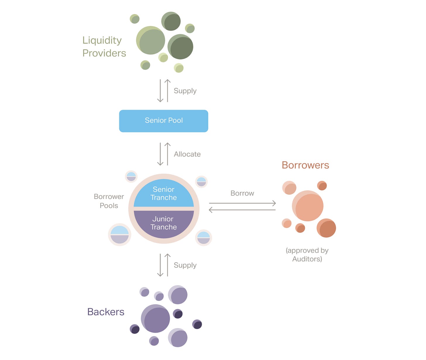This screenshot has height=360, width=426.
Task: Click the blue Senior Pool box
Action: pyautogui.click(x=164, y=121)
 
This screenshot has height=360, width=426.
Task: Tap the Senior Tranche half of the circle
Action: pyautogui.click(x=164, y=193)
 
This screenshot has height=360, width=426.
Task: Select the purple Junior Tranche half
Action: pyautogui.click(x=164, y=223)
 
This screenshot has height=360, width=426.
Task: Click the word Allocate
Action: pyautogui.click(x=187, y=154)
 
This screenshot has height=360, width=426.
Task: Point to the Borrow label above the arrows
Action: pyautogui.click(x=242, y=193)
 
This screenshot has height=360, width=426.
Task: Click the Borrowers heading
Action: pyautogui.click(x=305, y=165)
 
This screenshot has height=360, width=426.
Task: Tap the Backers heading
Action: pyautogui.click(x=106, y=312)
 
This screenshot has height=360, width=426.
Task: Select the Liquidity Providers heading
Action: pyautogui.click(x=104, y=47)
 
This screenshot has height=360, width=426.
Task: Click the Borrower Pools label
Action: pyautogui.click(x=109, y=201)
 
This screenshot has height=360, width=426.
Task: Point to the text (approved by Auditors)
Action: pyautogui.click(x=307, y=255)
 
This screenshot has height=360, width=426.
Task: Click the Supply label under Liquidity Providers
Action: pyautogui.click(x=185, y=91)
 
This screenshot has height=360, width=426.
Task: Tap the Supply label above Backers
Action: pyautogui.click(x=185, y=265)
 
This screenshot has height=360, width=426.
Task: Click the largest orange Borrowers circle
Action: pyautogui.click(x=308, y=206)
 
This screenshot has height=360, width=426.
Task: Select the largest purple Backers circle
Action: pyautogui.click(x=155, y=318)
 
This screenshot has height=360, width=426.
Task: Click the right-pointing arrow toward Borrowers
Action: pyautogui.click(x=242, y=203)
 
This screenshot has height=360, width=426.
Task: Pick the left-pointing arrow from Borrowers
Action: pyautogui.click(x=242, y=210)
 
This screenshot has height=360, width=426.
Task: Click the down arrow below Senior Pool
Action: pyautogui.click(x=160, y=154)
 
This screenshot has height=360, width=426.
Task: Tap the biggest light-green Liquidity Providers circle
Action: pyautogui.click(x=151, y=40)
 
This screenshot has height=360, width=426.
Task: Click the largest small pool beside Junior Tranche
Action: pyautogui.click(x=120, y=234)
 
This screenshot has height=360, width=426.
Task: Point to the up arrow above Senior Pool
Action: pyautogui.click(x=167, y=91)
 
